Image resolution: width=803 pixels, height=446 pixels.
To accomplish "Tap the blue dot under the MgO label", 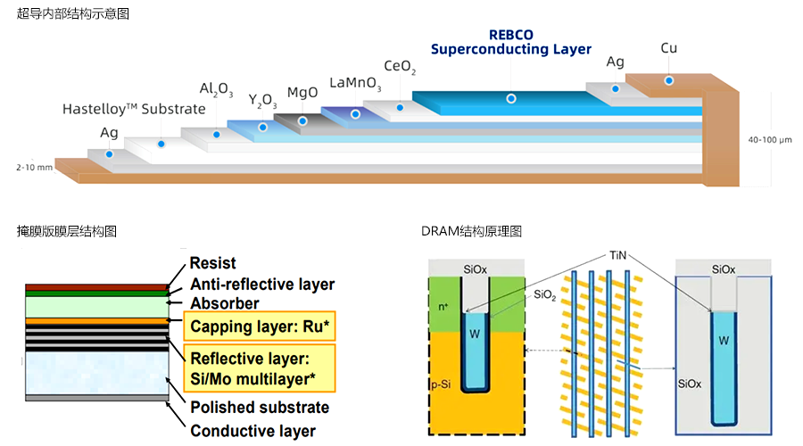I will coord(303,120).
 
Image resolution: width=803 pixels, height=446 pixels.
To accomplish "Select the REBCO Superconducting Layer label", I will coord(511,42).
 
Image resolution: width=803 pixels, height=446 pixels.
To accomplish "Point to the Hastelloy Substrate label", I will coord(134,109).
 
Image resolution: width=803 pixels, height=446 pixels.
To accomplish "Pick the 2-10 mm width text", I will coord(34,167).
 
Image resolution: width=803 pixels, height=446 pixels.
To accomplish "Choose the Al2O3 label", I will coord(217,89).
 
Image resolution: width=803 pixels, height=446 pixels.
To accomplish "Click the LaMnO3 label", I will coord(355,83).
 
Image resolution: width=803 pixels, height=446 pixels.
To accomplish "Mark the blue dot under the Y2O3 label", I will coord(262,127).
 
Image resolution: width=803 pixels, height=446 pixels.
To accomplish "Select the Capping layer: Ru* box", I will coord(260,327).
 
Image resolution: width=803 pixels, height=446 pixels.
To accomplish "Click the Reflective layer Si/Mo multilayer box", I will coord(260,368).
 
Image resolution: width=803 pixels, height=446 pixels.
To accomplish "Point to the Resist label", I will coord(213,263).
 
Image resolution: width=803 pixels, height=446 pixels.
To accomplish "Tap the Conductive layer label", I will coord(252,431).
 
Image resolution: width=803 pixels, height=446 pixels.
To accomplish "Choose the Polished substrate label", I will coord(259,408).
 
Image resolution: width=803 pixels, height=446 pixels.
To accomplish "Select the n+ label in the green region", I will coord(443,305).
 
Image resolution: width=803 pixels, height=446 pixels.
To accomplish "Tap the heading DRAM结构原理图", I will coord(471,231).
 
